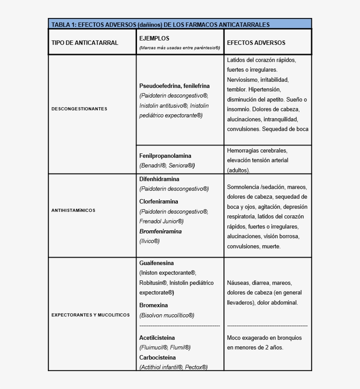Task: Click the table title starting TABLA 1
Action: point(160,25)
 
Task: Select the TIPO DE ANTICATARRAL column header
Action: point(85,43)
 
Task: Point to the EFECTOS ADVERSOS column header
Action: point(256,43)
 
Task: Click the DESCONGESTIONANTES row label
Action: point(79,109)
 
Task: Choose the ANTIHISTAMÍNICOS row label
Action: point(73,210)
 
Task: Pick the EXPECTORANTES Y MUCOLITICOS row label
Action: point(90,315)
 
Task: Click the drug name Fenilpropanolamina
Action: point(165,156)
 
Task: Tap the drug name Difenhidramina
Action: point(159,179)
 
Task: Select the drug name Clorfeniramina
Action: point(159,201)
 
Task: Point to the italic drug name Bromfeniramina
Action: point(160,231)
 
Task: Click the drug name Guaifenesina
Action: point(157,263)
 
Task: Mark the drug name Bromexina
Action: point(154,305)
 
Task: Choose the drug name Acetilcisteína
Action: point(157,338)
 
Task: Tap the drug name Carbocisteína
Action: point(158,357)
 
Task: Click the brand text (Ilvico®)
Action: point(149,241)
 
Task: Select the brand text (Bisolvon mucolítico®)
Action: point(167,315)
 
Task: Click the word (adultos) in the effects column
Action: point(238,170)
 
